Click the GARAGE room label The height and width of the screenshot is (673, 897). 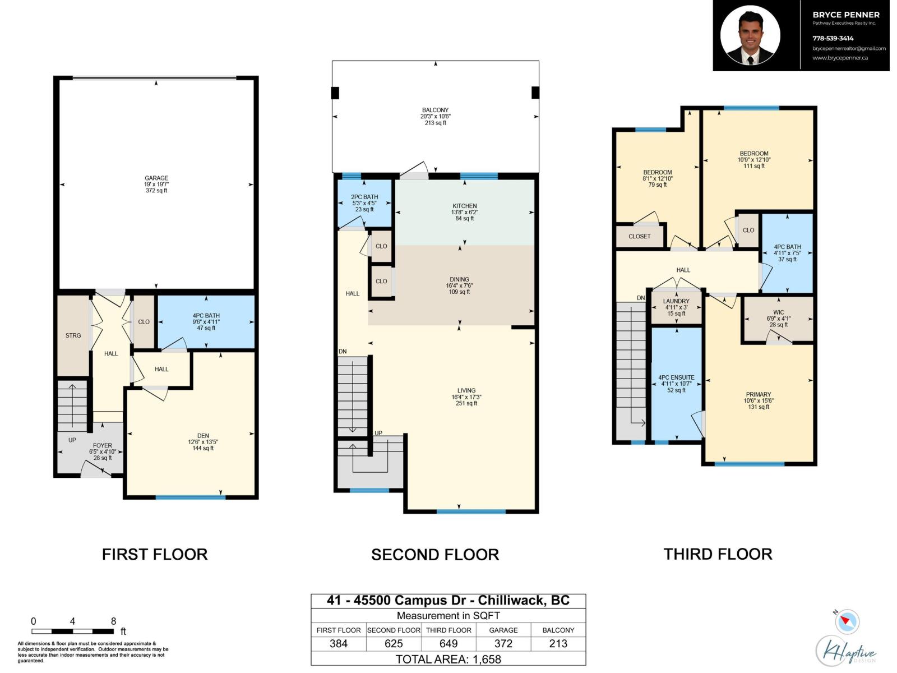coord(156,178)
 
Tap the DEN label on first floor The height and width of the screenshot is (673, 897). coord(203,436)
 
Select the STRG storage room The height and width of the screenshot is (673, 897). coord(73,335)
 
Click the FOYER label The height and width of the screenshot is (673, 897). coord(103,446)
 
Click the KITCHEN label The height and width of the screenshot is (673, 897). coord(465,206)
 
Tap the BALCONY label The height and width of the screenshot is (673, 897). coord(436,110)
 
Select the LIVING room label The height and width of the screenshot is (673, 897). coord(466,390)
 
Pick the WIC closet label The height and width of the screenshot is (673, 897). coord(778,312)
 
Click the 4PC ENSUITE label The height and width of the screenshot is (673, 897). coord(676,378)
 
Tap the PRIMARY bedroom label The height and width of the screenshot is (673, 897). coord(759,394)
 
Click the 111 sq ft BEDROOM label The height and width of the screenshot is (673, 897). coord(754,154)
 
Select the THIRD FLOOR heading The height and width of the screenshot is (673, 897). coord(718,554)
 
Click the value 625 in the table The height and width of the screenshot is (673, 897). coord(394,644)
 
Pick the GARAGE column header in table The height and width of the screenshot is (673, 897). coord(503,630)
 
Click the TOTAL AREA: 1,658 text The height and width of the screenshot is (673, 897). coord(449,659)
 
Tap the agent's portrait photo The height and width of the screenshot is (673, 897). coord(750,35)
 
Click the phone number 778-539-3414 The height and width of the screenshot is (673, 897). coord(833,38)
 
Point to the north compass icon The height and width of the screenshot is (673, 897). coord(847,621)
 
